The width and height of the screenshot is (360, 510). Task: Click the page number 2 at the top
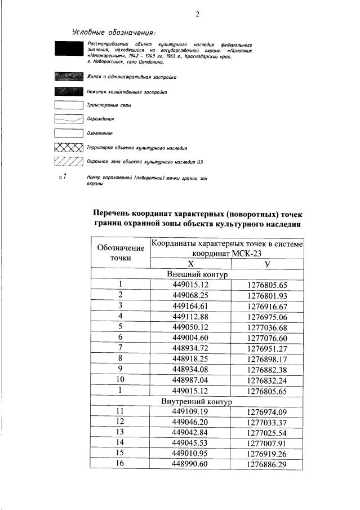coord(198,14)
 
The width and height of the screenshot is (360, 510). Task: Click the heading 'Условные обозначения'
coord(114,32)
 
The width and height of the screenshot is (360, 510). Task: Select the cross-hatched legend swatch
coord(65,148)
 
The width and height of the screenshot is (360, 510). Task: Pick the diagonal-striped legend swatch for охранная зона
coord(65,161)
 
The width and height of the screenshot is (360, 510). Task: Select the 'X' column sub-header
coord(191,264)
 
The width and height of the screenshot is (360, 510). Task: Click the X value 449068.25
coord(190,296)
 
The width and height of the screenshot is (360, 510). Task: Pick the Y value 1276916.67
coord(268,307)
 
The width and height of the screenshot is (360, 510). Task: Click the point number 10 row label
coord(120,380)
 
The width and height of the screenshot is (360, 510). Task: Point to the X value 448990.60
coord(190,464)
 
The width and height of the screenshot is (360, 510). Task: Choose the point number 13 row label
coord(120,433)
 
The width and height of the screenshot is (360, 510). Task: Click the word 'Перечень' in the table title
coord(115,214)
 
